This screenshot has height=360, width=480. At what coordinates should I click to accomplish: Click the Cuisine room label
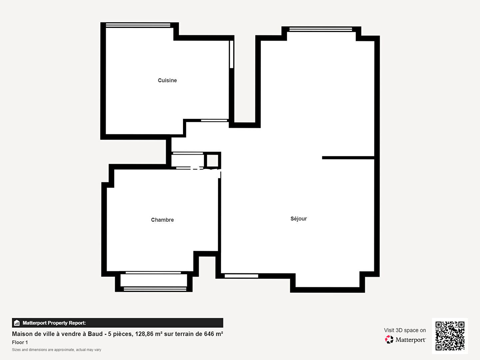pos(167,80)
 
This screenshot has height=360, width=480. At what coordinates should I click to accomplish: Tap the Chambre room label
pos(162,220)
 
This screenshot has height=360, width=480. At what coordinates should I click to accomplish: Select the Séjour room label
pos(298,219)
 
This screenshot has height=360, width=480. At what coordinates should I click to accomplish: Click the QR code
pos(450,336)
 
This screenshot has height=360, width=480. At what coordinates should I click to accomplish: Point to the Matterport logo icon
pos(389,340)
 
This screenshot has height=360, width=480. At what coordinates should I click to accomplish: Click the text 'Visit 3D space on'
pos(405,330)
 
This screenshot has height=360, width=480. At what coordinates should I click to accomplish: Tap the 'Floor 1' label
pos(20,342)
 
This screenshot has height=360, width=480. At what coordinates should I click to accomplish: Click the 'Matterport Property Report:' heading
pos(54,323)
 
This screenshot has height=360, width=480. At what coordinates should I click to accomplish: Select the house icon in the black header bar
pos(17,323)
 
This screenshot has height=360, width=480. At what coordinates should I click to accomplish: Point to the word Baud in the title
pos(95,334)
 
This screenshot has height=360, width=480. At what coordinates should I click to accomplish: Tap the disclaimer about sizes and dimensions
pos(56,350)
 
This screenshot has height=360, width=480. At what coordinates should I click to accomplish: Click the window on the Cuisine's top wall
pos(138,25)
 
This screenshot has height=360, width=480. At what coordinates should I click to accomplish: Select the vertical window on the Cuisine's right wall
pos(231,54)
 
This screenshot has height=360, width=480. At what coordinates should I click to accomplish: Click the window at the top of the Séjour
pos(321,29)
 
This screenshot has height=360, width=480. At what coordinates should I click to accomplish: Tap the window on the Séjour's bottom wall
pos(241,276)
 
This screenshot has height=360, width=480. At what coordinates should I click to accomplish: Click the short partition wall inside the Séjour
pos(348,158)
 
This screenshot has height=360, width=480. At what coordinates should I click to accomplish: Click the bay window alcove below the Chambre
pos(154,281)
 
